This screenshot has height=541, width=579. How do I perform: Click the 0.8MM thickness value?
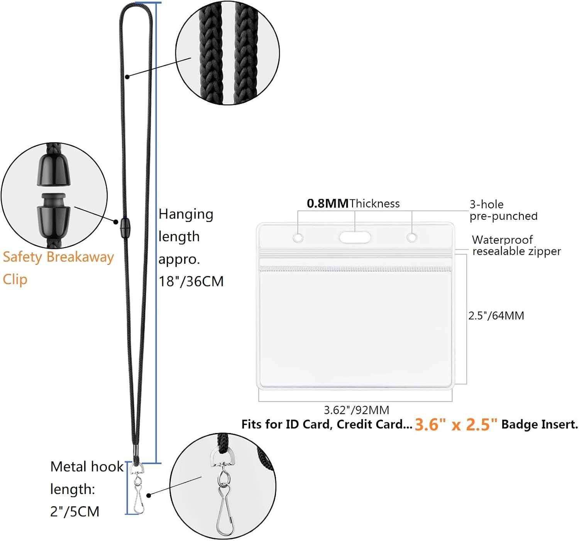[x=327, y=203]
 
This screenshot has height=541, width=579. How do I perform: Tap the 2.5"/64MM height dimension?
[x=496, y=316]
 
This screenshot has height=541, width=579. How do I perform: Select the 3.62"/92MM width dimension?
[x=357, y=410]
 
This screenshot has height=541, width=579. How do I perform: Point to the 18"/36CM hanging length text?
[x=191, y=281]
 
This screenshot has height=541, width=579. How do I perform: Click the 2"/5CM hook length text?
[x=74, y=511]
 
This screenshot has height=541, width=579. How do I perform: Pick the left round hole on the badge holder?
[x=298, y=238]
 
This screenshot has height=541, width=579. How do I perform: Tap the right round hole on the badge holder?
[x=411, y=238]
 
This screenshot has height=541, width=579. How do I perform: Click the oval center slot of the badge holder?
[x=355, y=238]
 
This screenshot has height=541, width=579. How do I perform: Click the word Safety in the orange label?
[x=22, y=257]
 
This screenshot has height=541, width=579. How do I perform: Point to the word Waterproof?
[x=502, y=240]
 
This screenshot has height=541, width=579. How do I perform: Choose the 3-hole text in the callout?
[x=487, y=204]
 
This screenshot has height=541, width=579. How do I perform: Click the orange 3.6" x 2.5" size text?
[x=456, y=425]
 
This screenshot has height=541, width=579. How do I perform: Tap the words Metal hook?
[x=86, y=467]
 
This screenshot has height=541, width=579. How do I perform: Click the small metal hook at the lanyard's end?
[x=137, y=489]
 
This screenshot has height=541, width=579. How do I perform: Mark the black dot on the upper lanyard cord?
[x=127, y=77]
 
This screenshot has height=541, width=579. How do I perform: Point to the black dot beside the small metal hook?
[x=149, y=495]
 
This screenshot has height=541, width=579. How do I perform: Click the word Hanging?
[x=186, y=215]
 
